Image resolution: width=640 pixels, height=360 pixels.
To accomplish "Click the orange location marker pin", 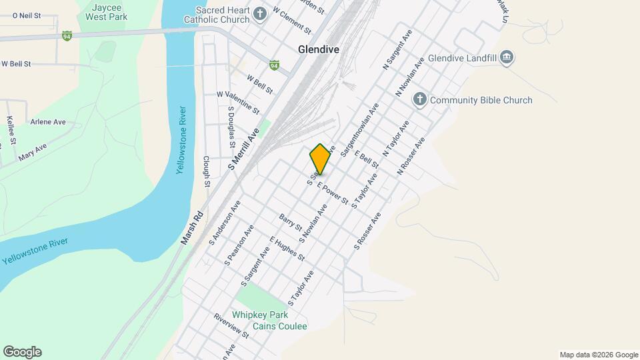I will coord(320,159).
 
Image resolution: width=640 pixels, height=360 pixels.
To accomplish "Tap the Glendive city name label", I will coord(319,49).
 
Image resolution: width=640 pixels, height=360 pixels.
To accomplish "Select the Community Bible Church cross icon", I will coord(419,100).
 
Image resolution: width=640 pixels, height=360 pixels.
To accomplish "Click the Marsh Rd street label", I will coord(191,227).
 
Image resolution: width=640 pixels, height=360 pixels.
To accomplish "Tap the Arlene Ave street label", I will coord(48,122).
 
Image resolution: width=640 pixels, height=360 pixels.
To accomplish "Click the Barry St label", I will coord(291,223).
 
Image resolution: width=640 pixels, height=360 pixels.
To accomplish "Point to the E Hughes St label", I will coord(287,248).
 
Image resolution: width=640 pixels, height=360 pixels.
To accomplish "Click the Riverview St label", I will coord(231,325).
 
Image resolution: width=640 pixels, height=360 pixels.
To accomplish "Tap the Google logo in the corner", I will coord(22,352).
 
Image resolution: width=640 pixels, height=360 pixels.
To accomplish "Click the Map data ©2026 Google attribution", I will coord(598,355).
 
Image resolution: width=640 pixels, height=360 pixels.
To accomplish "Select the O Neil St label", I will coord(27,15).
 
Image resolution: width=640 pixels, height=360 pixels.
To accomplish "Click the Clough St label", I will coord(207,172).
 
